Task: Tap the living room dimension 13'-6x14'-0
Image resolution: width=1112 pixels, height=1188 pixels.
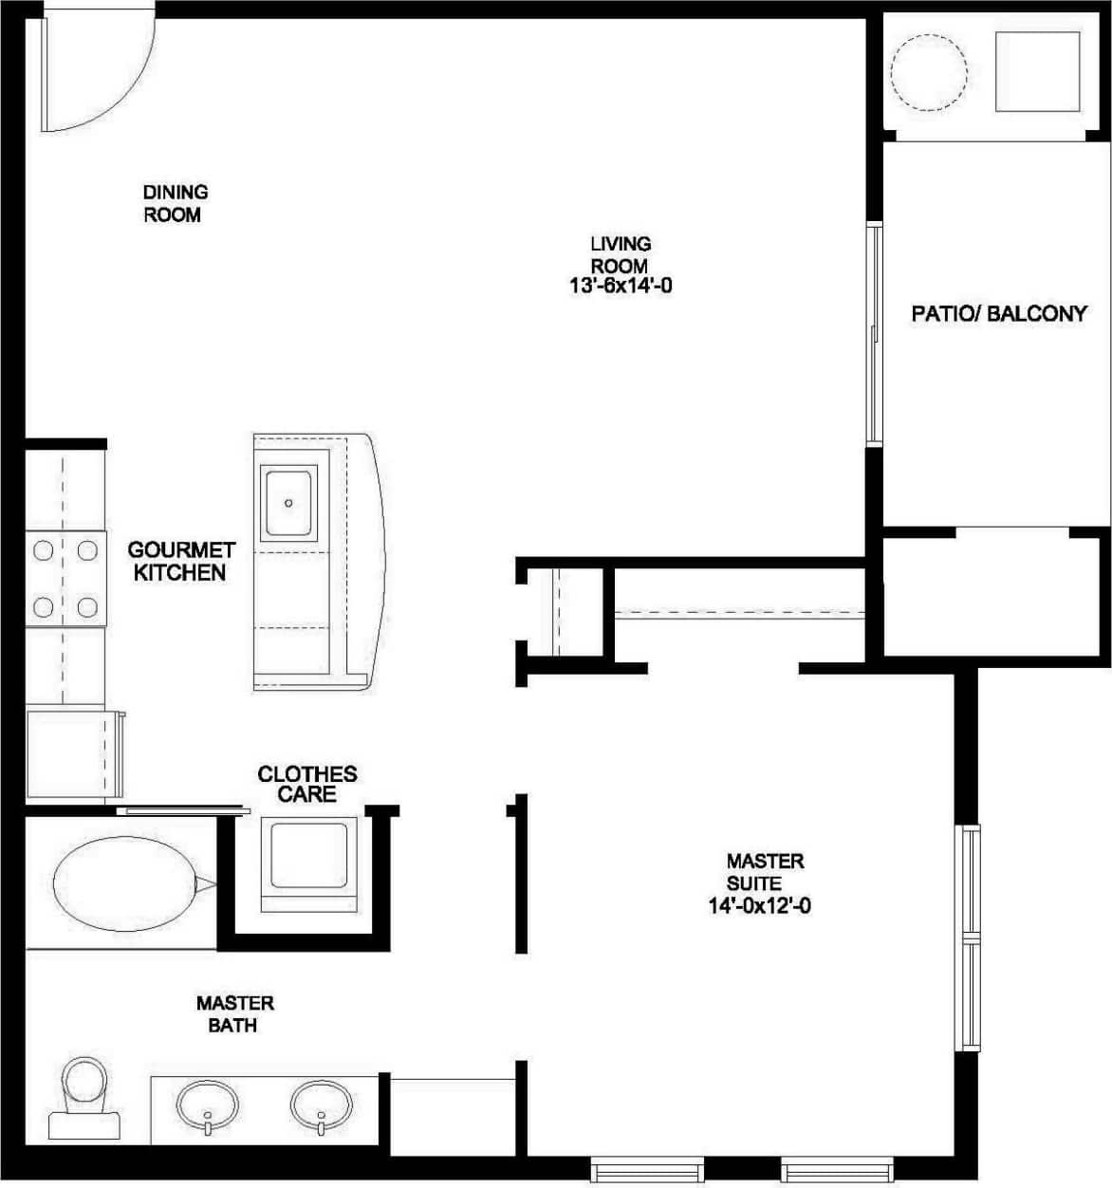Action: (621, 286)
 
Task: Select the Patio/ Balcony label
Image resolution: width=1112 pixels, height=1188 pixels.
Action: (998, 314)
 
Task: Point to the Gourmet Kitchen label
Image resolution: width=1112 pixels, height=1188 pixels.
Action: (180, 562)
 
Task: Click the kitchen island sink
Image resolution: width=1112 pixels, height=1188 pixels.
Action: (289, 503)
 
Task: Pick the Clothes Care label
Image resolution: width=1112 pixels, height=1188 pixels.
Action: (307, 785)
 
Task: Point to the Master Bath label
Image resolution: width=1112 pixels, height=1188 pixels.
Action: (234, 1014)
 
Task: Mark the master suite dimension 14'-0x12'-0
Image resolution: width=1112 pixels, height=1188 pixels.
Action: (759, 906)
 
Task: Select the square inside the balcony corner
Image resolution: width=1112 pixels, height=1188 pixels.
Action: (1037, 72)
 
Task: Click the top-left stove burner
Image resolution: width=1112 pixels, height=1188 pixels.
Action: (43, 550)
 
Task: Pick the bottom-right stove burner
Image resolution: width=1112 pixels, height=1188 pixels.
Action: (87, 607)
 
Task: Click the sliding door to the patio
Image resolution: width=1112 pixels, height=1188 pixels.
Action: (875, 332)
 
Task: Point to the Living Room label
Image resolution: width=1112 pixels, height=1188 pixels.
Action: (621, 255)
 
